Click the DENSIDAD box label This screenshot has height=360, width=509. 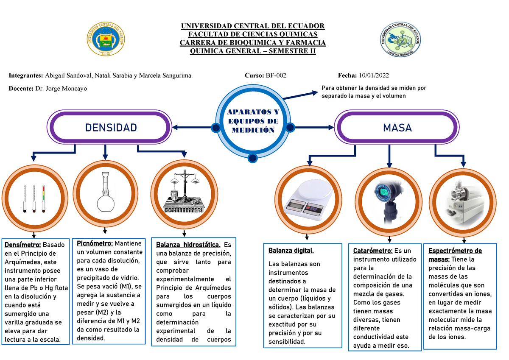[x=111, y=128]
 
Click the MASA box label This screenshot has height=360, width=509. [x=397, y=128]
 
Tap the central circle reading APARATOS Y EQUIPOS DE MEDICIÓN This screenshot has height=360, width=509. [x=253, y=121]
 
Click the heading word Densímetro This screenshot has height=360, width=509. [x=23, y=245]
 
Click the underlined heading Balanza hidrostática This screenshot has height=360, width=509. [x=188, y=245]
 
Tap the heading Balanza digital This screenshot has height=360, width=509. [x=291, y=251]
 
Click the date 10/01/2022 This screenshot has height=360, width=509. [x=373, y=75]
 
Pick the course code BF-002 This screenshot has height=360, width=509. [x=276, y=75]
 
